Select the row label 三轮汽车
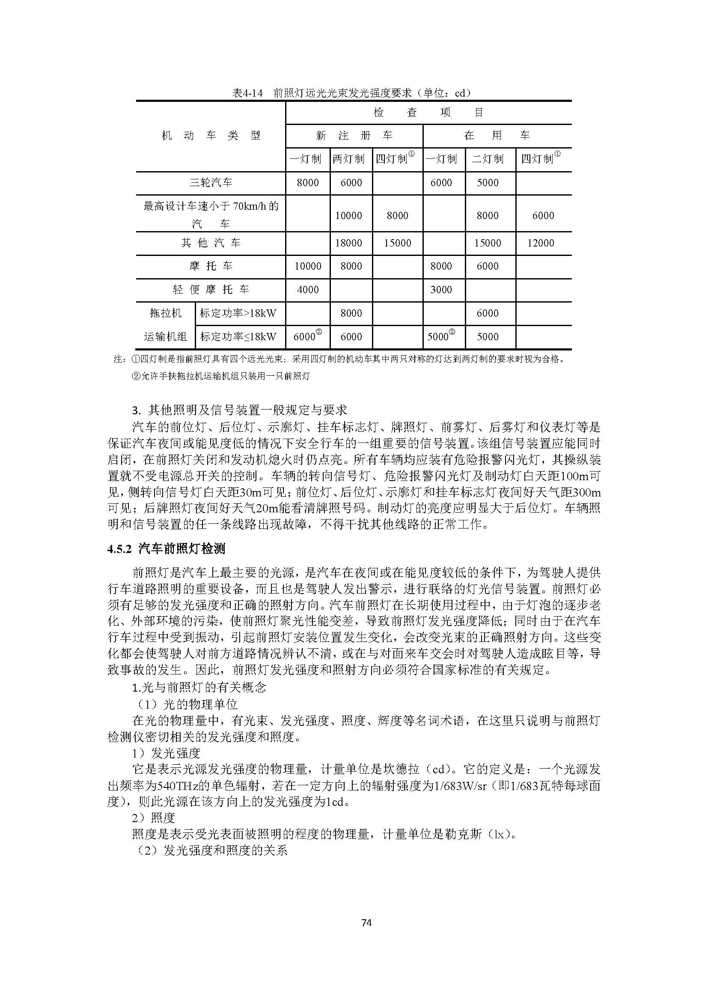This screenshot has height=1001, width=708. click(x=211, y=183)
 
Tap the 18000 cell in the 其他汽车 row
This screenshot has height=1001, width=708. click(x=348, y=243)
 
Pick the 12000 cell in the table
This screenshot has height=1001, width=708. click(x=541, y=243)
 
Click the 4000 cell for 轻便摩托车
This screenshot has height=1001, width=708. click(x=308, y=289)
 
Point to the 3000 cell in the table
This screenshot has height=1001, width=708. click(x=441, y=289)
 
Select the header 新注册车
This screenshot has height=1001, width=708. click(x=354, y=136)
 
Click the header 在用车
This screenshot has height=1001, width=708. click(x=497, y=136)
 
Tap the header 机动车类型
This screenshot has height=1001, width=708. click(x=211, y=136)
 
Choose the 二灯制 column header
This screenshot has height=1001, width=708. click(x=488, y=159)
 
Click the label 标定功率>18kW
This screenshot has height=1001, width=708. click(x=238, y=313)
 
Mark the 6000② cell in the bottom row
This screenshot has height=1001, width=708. click(x=308, y=336)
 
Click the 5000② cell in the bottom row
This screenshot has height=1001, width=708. click(x=441, y=336)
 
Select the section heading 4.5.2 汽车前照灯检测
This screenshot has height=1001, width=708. click(x=166, y=549)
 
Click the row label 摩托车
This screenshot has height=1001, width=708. click(x=211, y=266)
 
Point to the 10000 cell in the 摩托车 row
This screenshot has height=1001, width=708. click(x=308, y=266)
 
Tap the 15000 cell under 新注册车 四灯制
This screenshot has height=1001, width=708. click(x=397, y=243)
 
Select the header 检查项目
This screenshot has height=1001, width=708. click(x=428, y=113)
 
